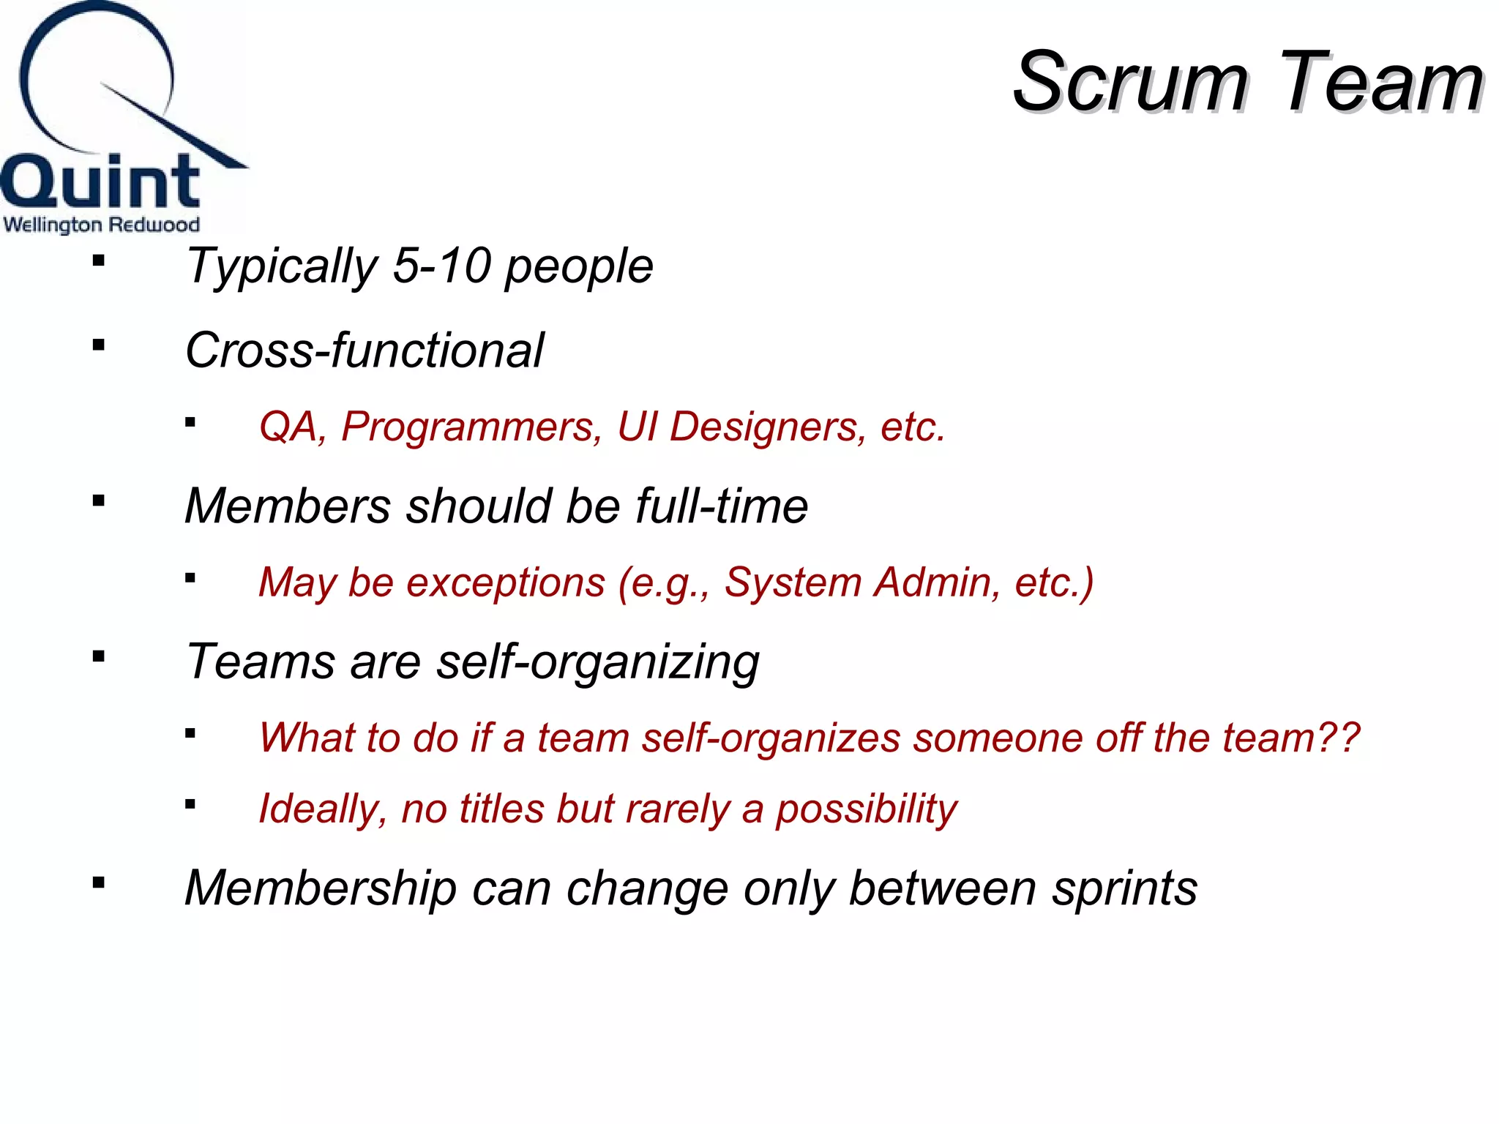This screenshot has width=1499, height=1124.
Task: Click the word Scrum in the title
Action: point(1131,82)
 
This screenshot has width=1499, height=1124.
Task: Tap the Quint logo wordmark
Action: point(100,181)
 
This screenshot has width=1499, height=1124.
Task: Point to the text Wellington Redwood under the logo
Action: point(102,224)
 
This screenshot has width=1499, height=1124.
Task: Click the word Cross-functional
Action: point(365,350)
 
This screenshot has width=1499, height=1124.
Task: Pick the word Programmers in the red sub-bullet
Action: point(471,426)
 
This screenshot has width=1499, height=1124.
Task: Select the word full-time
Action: point(721,506)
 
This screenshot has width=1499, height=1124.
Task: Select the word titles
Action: point(501,809)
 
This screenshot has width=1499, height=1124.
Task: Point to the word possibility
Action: point(866,809)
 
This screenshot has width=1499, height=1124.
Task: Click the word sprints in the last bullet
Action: point(1124,889)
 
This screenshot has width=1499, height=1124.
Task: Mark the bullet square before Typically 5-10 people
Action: point(99,260)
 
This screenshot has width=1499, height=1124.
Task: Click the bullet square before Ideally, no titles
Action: point(190,804)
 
